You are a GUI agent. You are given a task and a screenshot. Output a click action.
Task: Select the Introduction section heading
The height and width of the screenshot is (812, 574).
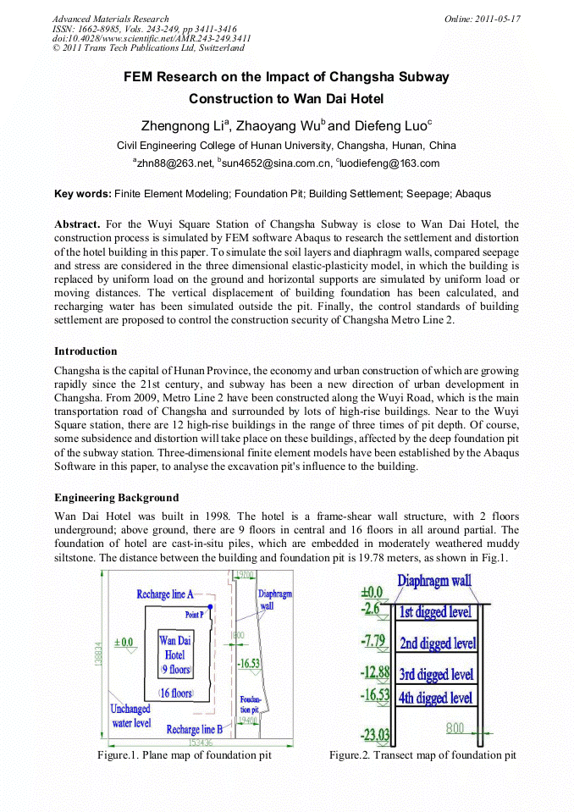[x=86, y=351]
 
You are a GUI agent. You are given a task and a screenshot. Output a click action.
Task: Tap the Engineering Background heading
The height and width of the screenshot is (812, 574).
[x=116, y=497]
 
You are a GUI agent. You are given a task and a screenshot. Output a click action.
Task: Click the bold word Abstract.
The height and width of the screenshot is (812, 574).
[x=77, y=224]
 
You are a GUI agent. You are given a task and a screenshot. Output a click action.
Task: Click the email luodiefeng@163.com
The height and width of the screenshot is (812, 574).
[x=390, y=163]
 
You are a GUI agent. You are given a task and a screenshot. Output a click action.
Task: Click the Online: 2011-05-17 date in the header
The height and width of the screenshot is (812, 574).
[x=482, y=19]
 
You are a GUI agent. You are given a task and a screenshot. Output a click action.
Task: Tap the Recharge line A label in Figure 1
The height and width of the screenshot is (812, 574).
[x=165, y=594]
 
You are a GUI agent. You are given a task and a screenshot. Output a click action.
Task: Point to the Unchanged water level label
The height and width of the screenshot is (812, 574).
[x=131, y=715]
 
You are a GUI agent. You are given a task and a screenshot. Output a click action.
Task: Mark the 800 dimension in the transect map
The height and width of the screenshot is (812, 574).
[x=455, y=726]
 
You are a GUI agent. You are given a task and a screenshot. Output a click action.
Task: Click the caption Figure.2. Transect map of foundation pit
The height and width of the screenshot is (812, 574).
[x=422, y=754]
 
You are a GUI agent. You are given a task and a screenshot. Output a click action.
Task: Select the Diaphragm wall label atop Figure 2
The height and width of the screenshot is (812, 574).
[x=433, y=582]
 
